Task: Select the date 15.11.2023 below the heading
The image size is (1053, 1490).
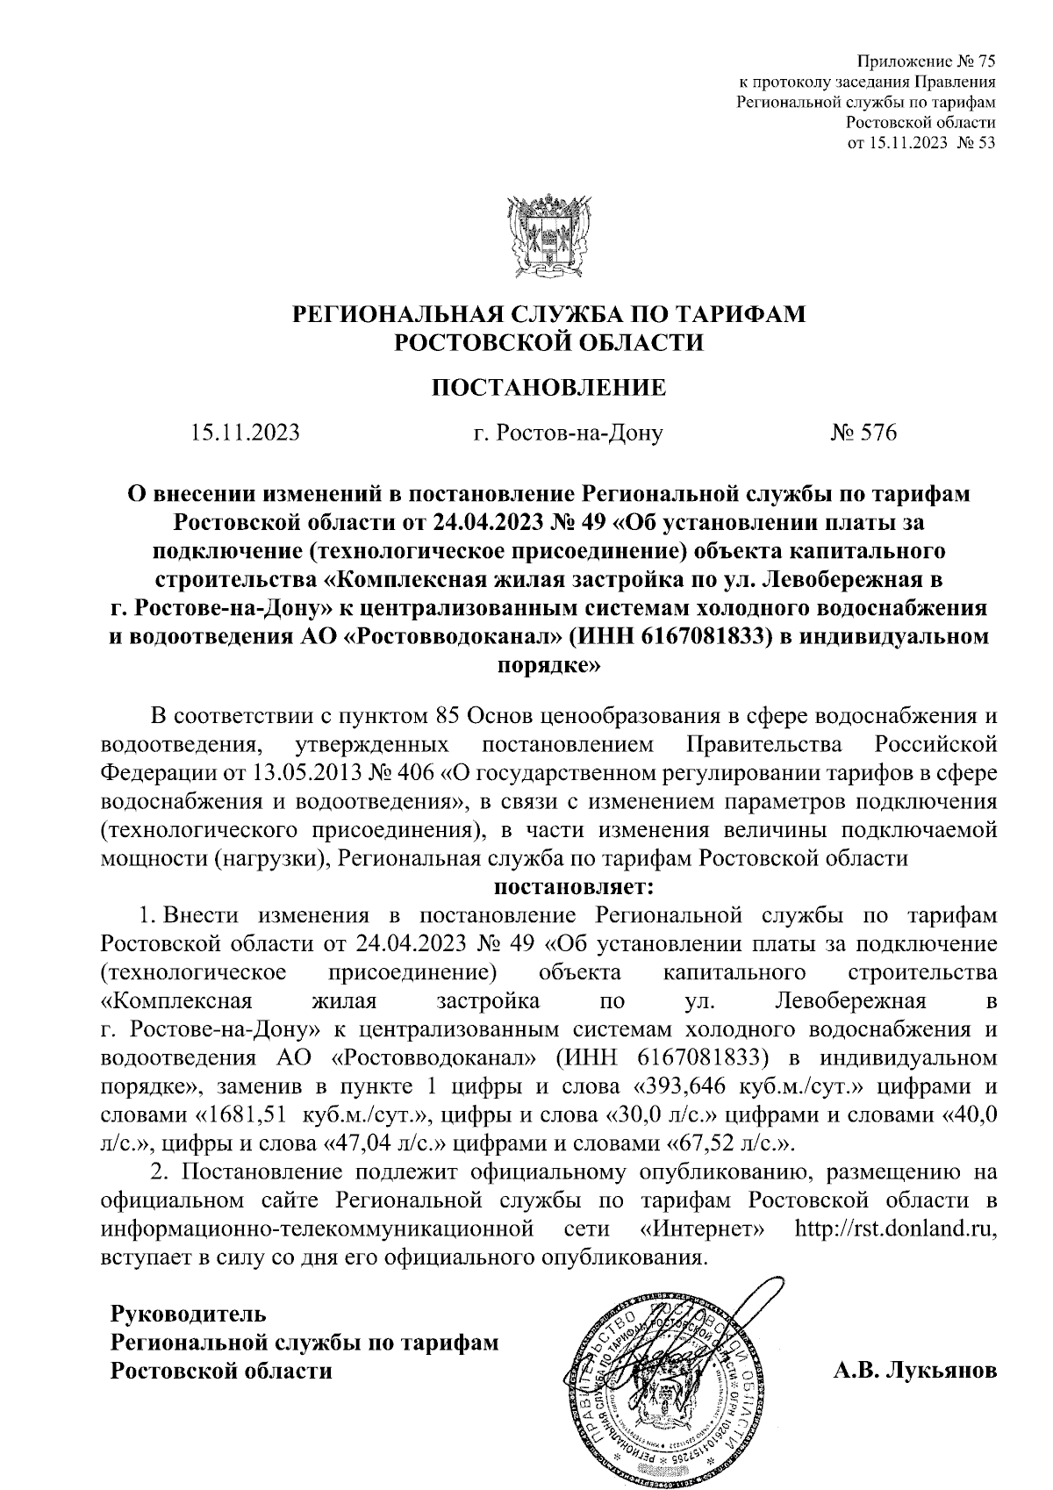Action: (x=244, y=433)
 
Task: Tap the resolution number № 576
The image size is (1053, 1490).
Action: (x=863, y=433)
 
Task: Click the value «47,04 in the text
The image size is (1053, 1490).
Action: (x=359, y=1143)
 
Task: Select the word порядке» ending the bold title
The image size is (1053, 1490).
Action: (x=548, y=666)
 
